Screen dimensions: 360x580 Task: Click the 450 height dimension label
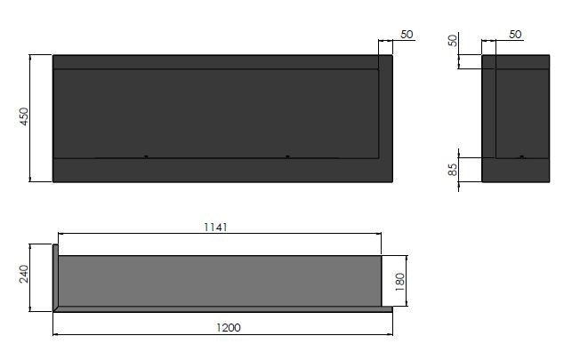point(24,117)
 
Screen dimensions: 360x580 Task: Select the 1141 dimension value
point(216,227)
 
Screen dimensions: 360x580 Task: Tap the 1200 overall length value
point(229,327)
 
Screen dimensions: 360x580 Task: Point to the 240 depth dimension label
point(24,276)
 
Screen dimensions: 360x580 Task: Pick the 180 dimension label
point(400,281)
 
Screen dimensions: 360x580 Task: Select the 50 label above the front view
point(407,34)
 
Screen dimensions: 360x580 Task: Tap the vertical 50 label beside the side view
point(453,42)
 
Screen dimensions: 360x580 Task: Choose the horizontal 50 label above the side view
point(515,34)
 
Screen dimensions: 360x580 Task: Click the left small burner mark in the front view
point(147,157)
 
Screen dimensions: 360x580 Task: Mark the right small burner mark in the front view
point(287,157)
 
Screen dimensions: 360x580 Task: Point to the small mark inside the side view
point(521,157)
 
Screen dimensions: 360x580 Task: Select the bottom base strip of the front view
point(222,171)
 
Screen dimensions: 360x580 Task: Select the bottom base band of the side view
point(516,171)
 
